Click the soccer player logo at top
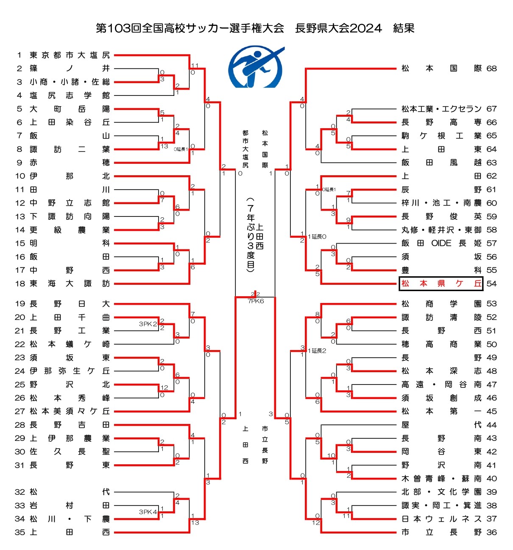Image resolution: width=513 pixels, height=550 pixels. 256,67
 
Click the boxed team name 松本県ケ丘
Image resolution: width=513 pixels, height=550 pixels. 441,283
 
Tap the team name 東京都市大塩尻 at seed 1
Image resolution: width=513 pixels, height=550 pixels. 70,55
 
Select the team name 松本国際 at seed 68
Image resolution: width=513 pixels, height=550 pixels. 441,68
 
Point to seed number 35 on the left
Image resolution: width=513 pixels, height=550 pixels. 20,532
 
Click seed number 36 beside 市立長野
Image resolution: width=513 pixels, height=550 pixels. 491,532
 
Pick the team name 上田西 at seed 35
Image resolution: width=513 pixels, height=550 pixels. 70,532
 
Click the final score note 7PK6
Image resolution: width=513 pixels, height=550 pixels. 256,301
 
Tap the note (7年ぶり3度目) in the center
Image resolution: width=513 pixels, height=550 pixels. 251,233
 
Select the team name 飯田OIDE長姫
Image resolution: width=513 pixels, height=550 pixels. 441,243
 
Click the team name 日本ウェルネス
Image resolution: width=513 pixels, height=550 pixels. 441,519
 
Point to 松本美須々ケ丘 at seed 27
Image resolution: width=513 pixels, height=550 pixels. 70,411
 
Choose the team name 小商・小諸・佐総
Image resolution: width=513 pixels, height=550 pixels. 70,82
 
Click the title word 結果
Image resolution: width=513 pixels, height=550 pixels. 403,28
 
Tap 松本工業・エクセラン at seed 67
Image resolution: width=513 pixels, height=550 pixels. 441,109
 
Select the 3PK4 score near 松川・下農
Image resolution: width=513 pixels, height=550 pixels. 148,512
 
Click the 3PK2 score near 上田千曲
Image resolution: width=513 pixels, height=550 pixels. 148,324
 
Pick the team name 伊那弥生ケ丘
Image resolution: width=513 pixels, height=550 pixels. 70,371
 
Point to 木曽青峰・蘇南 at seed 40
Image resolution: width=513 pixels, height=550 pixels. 441,478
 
